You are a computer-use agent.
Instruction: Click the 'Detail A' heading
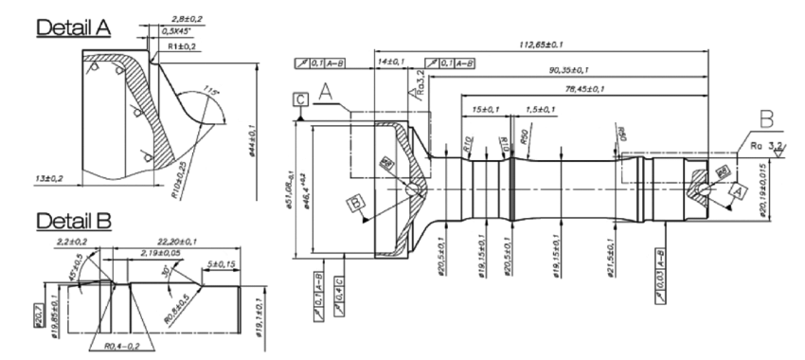(x=73, y=27)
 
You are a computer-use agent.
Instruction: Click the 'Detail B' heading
(x=73, y=221)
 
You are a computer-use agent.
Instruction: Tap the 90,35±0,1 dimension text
(x=563, y=69)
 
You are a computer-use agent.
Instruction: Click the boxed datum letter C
(x=300, y=98)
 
